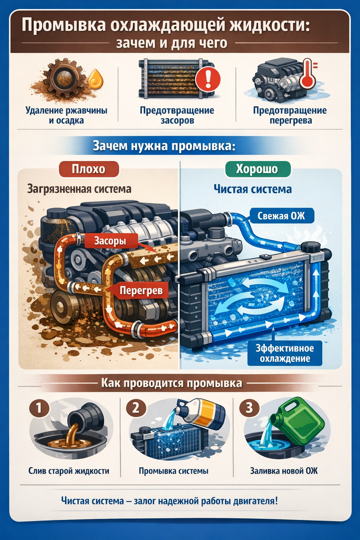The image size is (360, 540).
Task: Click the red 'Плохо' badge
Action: click(x=89, y=169)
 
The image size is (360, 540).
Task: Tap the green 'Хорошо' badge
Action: click(x=258, y=169)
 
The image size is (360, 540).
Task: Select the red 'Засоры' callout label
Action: click(x=110, y=241)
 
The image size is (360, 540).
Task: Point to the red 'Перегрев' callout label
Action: click(x=141, y=290)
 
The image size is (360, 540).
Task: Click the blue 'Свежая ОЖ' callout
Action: click(x=281, y=216)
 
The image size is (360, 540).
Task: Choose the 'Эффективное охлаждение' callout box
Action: click(x=285, y=353)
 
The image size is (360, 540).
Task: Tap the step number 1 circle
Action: click(x=39, y=408)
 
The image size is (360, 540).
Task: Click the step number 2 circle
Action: click(x=136, y=408)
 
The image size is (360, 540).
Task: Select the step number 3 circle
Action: click(x=249, y=408)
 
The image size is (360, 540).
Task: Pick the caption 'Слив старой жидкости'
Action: click(x=69, y=471)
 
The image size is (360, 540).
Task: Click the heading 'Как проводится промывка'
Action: click(x=172, y=382)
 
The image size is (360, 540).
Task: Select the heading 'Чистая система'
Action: click(x=253, y=189)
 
